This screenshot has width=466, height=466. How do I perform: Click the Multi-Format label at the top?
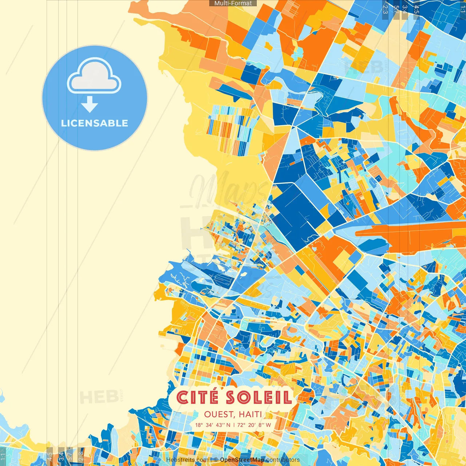[233, 3]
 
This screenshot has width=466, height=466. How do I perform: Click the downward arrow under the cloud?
[90, 104]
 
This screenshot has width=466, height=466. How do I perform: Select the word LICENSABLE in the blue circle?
[95, 123]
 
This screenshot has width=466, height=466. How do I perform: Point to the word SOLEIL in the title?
[259, 398]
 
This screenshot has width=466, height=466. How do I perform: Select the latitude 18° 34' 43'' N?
[213, 425]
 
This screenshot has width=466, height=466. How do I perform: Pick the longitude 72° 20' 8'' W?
[254, 425]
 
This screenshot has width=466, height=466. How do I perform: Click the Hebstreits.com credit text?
[187, 460]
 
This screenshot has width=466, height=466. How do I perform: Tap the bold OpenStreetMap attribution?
[242, 460]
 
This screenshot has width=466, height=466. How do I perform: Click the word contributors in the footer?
[283, 460]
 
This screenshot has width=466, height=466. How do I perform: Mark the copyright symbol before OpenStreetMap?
[216, 460]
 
